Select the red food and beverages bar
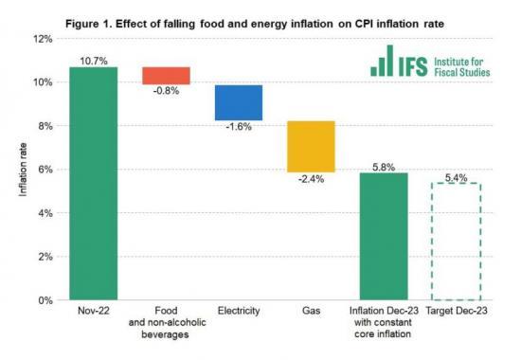(x=166, y=76)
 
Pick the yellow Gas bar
(x=311, y=146)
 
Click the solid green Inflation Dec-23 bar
(x=384, y=236)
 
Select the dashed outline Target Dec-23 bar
(x=456, y=241)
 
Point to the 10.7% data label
(x=93, y=59)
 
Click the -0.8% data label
(x=166, y=92)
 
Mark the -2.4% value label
(x=311, y=179)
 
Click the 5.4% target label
(x=456, y=174)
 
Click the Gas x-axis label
(x=311, y=311)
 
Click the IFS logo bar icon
(x=384, y=62)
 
